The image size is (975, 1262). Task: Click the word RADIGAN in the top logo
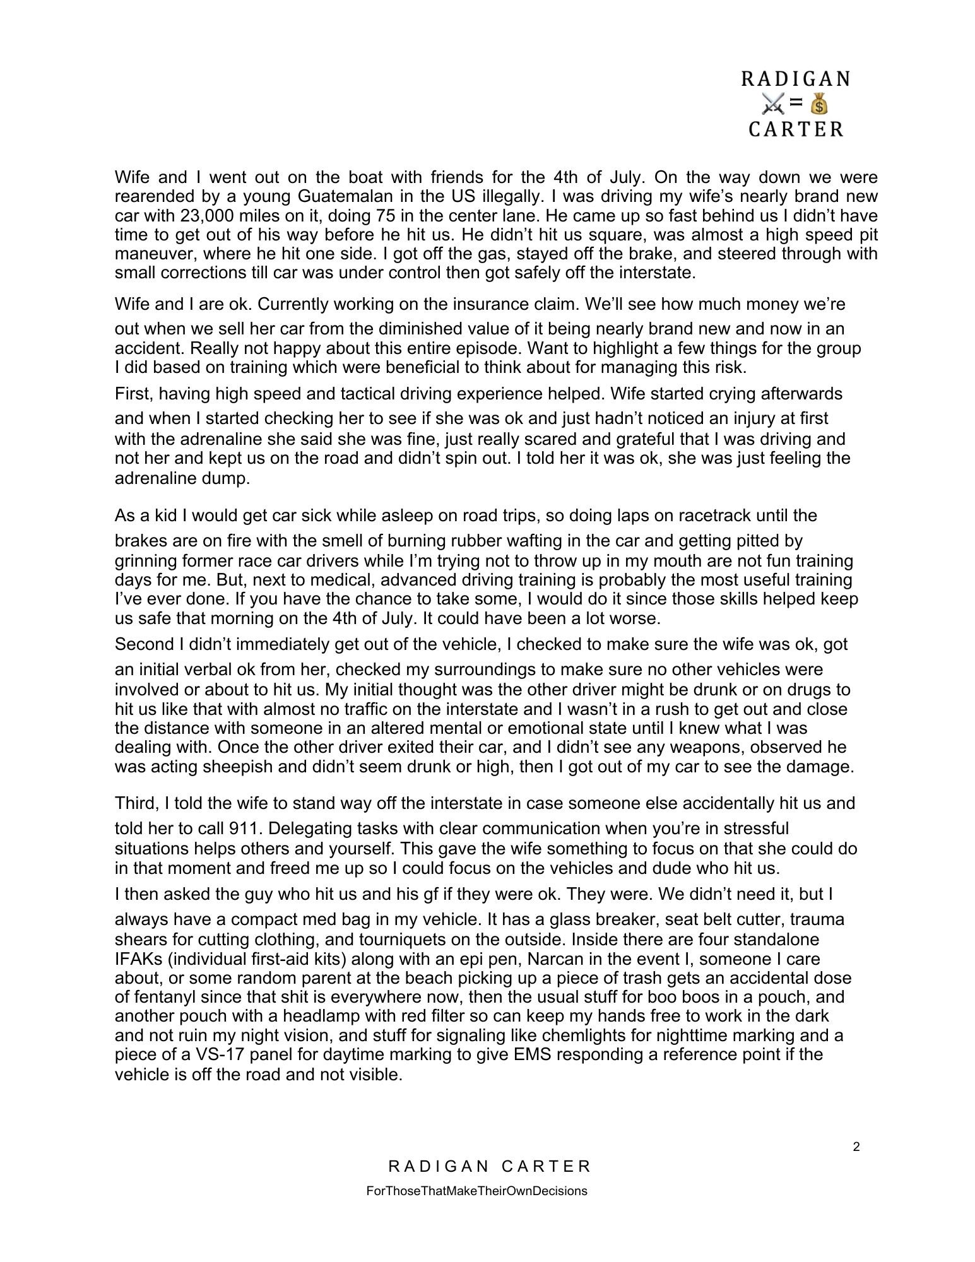pyautogui.click(x=795, y=79)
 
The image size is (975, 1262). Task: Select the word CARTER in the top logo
pyautogui.click(x=796, y=129)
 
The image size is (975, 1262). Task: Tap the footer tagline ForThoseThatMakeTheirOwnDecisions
pyautogui.click(x=476, y=1191)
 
